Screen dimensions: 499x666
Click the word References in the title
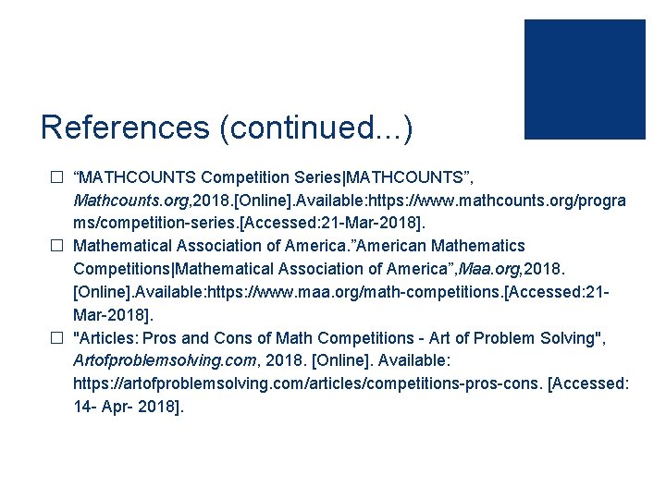tap(125, 128)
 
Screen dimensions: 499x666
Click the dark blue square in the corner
tap(585, 79)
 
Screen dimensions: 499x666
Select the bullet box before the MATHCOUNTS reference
tap(56, 176)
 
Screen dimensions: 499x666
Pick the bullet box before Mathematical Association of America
tap(56, 247)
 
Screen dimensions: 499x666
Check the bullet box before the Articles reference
tap(56, 337)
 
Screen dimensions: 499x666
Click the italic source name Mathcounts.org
tap(124, 200)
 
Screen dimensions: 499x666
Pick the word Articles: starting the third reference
tap(107, 337)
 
